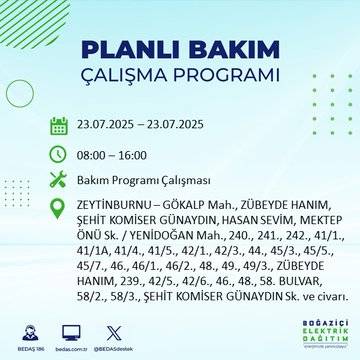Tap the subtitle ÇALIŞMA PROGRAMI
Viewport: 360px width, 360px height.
coord(180,75)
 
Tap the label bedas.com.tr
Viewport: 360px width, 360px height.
coord(71,346)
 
